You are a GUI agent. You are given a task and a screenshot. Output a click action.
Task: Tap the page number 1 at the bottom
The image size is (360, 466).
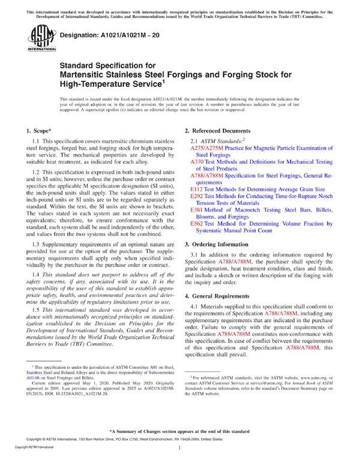(x=180, y=447)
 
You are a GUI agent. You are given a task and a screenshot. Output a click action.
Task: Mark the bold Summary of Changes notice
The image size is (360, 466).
(x=180, y=431)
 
